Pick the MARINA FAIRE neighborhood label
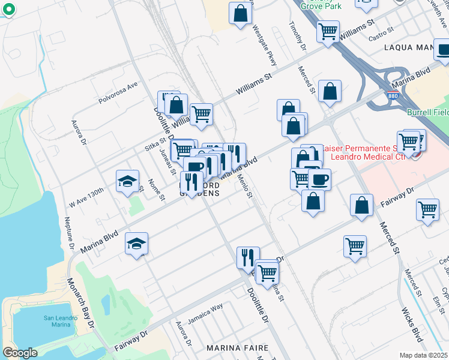[235, 348]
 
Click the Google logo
[20, 353]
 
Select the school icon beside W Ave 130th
[128, 183]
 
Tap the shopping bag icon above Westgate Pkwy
[240, 14]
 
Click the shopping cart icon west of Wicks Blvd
[355, 245]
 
